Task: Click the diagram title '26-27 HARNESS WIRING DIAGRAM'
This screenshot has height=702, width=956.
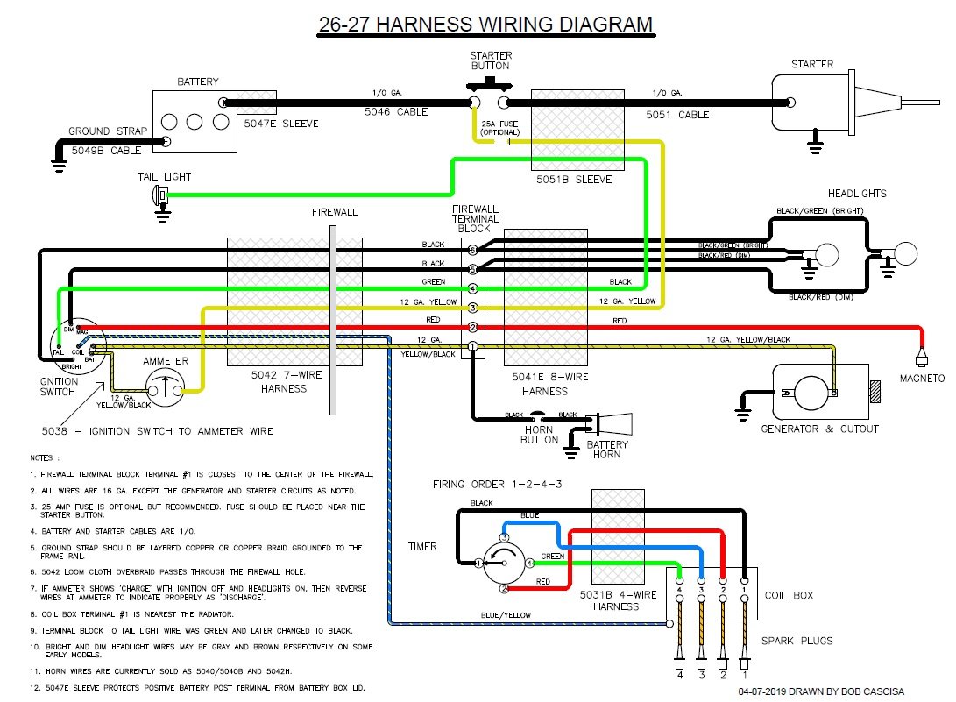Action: coord(485,24)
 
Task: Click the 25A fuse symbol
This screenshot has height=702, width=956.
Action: coord(501,141)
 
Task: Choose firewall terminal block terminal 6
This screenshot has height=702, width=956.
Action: coord(472,251)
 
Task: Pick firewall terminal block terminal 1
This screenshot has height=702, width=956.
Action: coord(472,347)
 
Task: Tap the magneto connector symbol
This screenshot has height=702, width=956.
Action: coord(920,358)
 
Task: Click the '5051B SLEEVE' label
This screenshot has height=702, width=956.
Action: coord(574,180)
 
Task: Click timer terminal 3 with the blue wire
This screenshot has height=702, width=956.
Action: coord(504,536)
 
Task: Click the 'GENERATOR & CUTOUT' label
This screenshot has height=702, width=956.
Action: coord(820,429)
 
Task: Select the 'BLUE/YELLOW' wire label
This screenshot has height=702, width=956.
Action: coord(506,615)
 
